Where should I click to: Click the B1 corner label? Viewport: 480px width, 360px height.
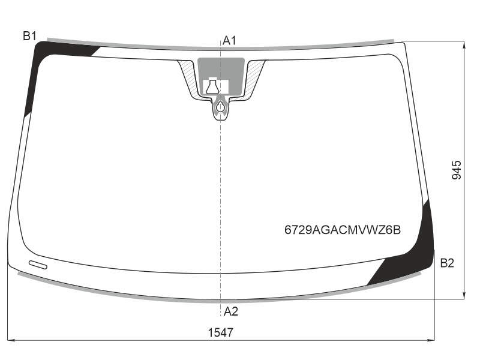(29, 36)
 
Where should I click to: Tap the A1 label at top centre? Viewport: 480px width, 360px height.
(229, 40)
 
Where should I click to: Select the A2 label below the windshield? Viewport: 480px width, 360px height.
(230, 311)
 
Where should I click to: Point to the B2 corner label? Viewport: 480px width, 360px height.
(447, 263)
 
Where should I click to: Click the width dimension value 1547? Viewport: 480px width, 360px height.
(220, 332)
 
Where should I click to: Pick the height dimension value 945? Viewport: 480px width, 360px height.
(457, 170)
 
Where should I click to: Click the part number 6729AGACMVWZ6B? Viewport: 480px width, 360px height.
(342, 230)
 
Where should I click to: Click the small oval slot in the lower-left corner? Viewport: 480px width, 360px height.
(38, 265)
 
